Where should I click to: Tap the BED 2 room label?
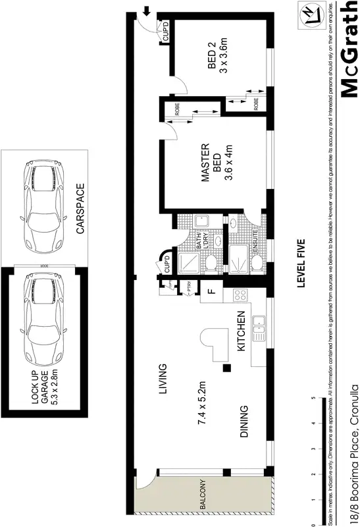pos(217,58)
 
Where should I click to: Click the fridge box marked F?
pos(211,291)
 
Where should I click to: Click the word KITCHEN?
pos(241,333)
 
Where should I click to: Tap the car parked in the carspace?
pos(43,208)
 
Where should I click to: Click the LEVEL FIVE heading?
pos(301,263)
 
